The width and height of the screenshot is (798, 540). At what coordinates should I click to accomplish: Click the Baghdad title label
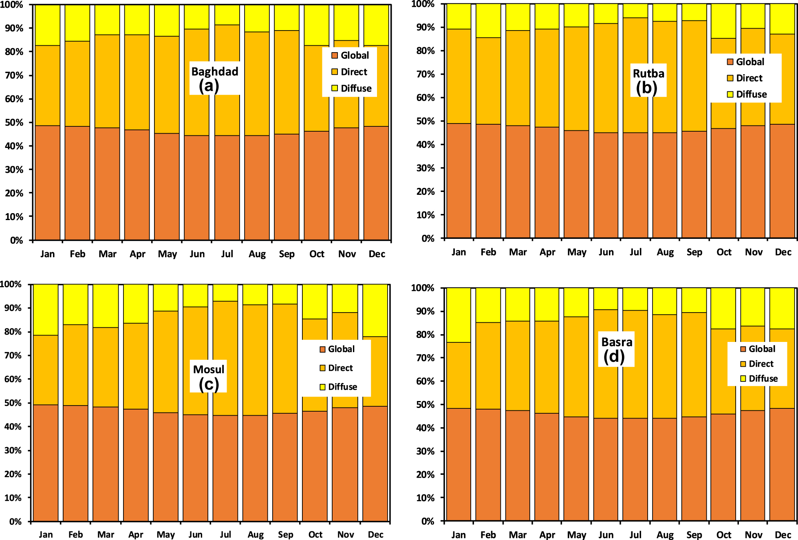215,72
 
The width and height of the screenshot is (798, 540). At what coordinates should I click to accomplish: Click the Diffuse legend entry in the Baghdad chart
356,88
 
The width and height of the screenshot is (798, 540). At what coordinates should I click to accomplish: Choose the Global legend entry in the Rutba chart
750,62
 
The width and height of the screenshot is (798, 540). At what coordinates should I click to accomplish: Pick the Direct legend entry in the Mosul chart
340,368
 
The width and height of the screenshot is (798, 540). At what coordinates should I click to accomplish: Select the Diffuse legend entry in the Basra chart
763,379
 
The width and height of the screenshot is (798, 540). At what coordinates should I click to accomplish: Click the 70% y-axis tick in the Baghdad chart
14,75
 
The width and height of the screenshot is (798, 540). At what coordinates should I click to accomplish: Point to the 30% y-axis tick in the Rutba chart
425,168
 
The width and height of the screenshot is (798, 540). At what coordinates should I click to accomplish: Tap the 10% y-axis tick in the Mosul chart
13,498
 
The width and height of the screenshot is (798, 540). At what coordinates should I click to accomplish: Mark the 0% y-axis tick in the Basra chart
428,521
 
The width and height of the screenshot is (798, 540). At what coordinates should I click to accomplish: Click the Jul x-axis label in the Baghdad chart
227,254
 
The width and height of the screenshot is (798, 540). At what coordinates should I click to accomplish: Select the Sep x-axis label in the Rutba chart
694,252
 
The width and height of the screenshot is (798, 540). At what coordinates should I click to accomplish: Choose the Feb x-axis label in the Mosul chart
75,535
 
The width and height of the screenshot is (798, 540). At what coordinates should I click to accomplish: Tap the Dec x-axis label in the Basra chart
783,535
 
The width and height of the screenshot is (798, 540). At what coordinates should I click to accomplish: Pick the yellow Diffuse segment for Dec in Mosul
375,310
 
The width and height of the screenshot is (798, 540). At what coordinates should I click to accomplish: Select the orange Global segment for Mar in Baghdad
107,183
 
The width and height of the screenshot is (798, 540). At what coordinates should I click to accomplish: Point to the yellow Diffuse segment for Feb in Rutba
488,20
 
